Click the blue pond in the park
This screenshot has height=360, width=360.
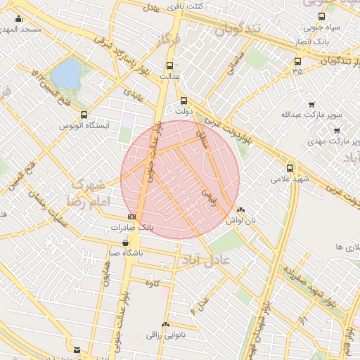[x=67, y=73]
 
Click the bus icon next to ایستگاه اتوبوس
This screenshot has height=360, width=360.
[x=84, y=115]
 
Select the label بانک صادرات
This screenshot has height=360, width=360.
[x=131, y=228]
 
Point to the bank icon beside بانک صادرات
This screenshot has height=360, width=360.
[x=132, y=217]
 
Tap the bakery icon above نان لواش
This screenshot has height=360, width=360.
[x=241, y=210]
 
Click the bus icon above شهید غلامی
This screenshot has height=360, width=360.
[x=290, y=168]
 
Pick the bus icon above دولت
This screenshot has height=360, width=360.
[x=184, y=101]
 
